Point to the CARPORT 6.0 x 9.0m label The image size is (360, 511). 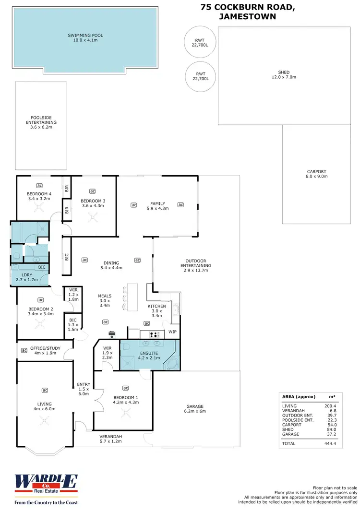(x=316, y=174)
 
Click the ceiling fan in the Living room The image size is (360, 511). (x=44, y=421)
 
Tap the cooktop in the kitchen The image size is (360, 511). (x=156, y=335)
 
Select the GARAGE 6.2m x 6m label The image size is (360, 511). (x=195, y=409)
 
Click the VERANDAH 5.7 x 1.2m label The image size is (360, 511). (x=111, y=439)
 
